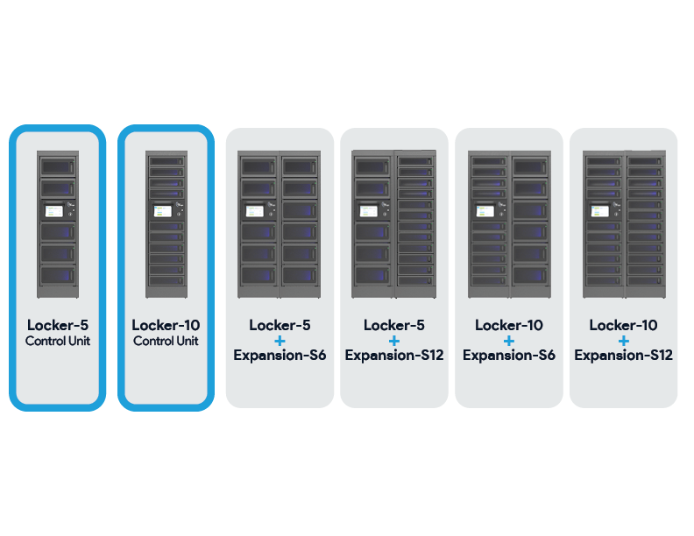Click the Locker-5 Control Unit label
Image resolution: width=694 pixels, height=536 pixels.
(57, 332)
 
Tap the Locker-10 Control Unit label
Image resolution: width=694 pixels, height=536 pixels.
(166, 332)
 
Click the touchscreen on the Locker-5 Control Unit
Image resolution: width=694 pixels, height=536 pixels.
(53, 210)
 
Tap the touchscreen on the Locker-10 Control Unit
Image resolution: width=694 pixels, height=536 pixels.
(162, 210)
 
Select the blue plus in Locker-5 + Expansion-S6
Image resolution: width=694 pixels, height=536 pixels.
(280, 340)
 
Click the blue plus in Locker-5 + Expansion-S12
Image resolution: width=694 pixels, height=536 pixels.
(393, 340)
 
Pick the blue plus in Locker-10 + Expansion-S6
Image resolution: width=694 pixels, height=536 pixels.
(508, 340)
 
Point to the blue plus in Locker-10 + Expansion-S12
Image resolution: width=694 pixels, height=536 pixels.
(623, 340)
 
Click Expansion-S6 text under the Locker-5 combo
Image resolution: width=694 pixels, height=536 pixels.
(280, 355)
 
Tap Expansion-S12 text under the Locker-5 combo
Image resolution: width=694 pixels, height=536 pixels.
(393, 355)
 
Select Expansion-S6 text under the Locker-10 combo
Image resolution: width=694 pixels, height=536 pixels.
(508, 355)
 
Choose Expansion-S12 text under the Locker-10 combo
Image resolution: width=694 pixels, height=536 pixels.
(623, 355)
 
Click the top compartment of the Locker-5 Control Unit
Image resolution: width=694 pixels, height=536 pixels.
(57, 166)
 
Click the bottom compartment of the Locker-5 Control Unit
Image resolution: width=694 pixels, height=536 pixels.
(57, 275)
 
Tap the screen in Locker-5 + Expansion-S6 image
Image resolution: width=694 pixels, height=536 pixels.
(255, 210)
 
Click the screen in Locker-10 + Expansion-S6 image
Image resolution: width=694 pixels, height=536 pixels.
(485, 210)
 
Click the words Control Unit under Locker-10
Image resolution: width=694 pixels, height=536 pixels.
(166, 342)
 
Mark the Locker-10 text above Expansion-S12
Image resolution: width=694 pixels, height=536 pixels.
(623, 325)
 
